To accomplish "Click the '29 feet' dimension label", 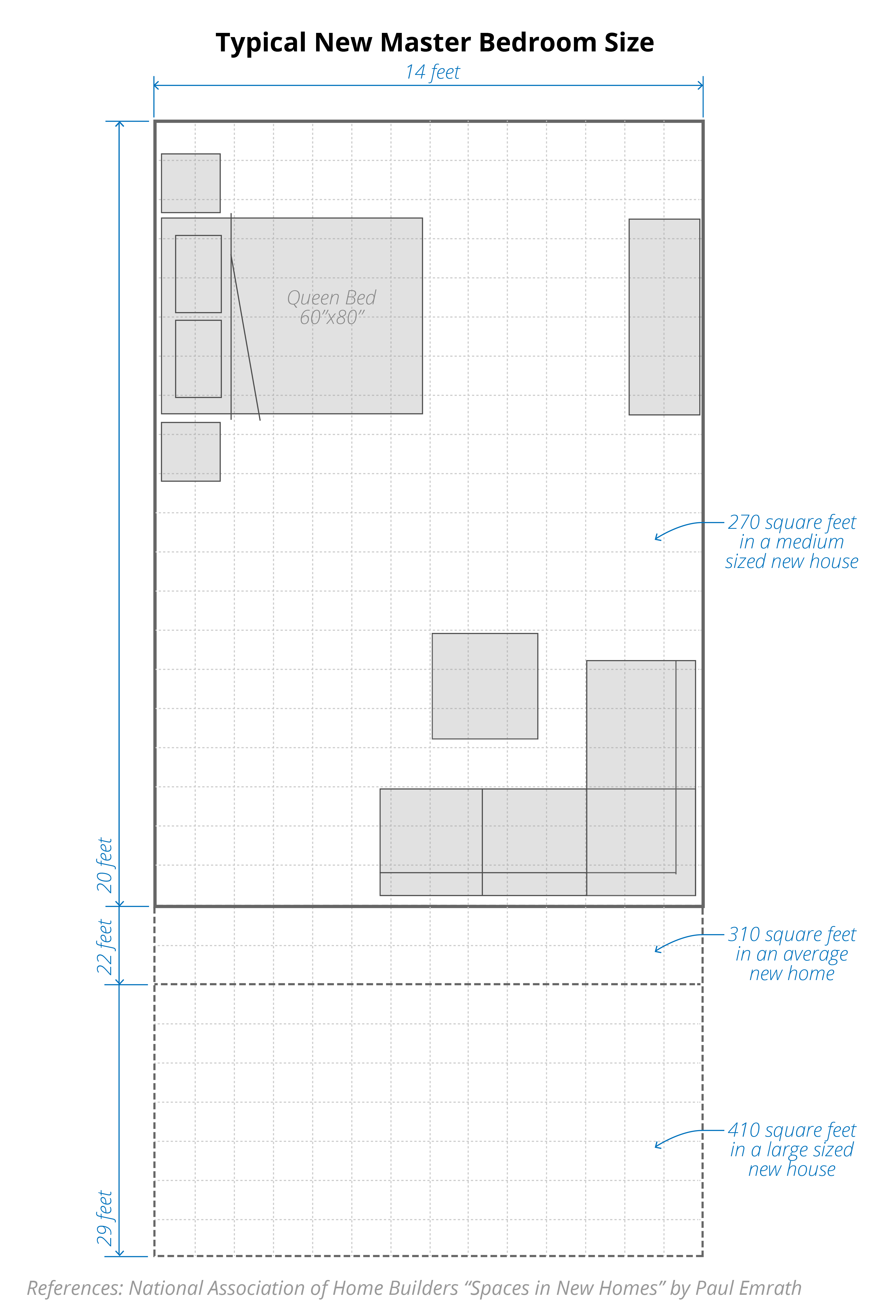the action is point(104,1218).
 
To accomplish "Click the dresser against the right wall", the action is point(664,317).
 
